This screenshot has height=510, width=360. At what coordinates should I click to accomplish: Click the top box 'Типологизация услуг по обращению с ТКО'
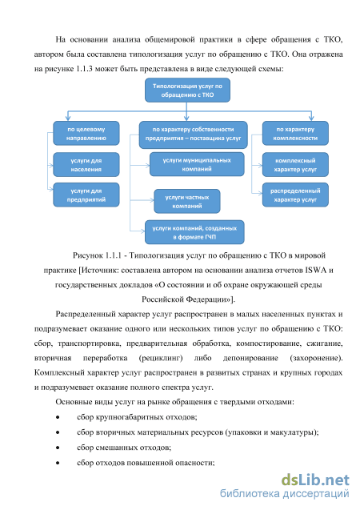187,90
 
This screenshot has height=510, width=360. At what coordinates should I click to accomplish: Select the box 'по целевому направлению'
86,134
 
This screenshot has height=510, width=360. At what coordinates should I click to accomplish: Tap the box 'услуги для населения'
86,165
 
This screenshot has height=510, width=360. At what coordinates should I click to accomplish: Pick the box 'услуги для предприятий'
86,195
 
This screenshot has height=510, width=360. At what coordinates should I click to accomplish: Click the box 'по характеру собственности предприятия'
193,135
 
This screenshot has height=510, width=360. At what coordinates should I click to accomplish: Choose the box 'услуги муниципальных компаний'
197,164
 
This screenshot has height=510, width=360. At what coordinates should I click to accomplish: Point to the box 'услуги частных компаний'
187,201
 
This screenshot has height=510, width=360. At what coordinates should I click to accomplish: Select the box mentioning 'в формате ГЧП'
194,232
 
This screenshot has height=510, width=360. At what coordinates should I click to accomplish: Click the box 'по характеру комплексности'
295,134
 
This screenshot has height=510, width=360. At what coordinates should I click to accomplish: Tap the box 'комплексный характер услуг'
295,165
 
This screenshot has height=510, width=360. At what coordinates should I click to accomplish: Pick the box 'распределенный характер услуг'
295,195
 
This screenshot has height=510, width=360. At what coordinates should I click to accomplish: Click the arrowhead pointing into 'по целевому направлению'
67,118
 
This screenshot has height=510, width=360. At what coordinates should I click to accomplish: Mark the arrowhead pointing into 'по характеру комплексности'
311,118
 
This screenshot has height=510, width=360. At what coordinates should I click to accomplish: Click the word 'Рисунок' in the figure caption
88,255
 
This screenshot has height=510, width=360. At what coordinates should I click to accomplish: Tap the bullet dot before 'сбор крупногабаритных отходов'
58,417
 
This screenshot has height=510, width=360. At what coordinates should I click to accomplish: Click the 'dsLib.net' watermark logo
315,480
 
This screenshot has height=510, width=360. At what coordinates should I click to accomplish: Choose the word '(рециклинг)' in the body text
161,358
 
